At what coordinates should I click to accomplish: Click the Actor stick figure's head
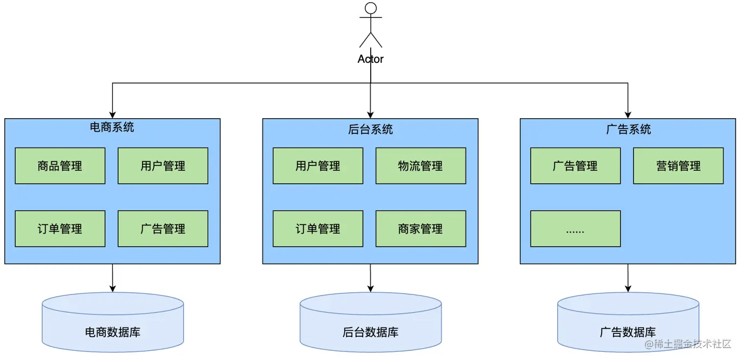371,8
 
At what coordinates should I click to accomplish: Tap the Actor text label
371,59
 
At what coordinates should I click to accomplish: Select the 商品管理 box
60,166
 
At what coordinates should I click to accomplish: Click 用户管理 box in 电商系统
163,166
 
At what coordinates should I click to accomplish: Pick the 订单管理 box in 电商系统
60,229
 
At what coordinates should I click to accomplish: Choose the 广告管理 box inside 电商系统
163,229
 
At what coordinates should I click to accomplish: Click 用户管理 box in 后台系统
318,166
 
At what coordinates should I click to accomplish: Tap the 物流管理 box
421,166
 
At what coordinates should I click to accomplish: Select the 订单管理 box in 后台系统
318,229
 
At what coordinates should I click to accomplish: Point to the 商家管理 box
421,229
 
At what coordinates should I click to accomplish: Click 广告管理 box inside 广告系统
575,166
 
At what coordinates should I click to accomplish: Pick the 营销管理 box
678,166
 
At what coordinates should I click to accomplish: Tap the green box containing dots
575,229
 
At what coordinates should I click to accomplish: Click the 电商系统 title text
112,127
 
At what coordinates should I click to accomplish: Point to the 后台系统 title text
371,130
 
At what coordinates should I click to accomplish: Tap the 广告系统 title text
628,130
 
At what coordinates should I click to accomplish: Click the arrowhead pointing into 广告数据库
628,288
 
